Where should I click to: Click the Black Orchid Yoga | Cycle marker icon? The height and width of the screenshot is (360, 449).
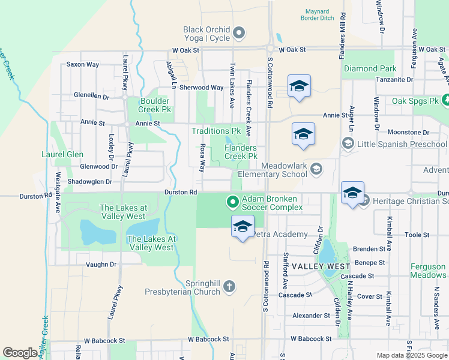pyautogui.click(x=239, y=33)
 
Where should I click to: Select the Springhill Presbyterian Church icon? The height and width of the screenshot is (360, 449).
pyautogui.click(x=228, y=287)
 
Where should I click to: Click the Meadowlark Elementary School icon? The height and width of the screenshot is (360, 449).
pyautogui.click(x=315, y=170)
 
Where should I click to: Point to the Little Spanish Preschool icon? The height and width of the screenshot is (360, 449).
pyautogui.click(x=348, y=144)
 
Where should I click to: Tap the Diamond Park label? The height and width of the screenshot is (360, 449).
pyautogui.click(x=370, y=69)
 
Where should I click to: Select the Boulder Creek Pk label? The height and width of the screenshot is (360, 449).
pyautogui.click(x=155, y=106)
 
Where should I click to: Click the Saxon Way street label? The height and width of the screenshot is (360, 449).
pyautogui.click(x=83, y=64)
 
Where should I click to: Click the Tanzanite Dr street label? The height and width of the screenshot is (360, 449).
pyautogui.click(x=394, y=79)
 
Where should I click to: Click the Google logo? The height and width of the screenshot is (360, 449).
pyautogui.click(x=20, y=353)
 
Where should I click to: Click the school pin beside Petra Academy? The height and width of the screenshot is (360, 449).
pyautogui.click(x=243, y=227)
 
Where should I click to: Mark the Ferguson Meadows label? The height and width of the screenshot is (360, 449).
pyautogui.click(x=428, y=271)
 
